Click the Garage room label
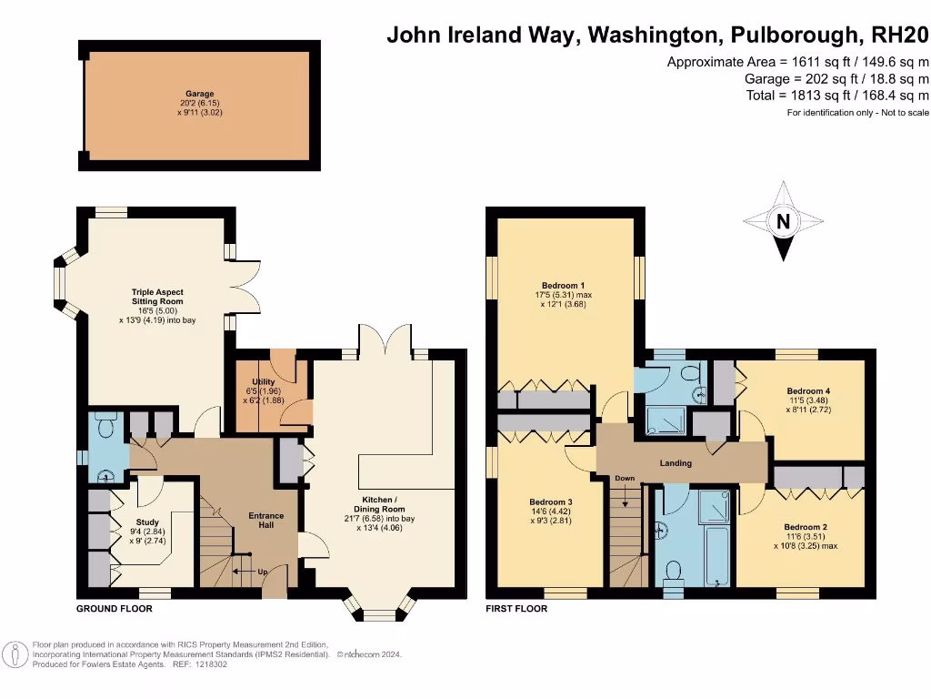pyautogui.click(x=200, y=94)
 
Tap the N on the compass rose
pyautogui.click(x=783, y=221)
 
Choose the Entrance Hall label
pyautogui.click(x=266, y=522)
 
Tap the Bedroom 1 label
pyautogui.click(x=564, y=285)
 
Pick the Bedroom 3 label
pyautogui.click(x=551, y=501)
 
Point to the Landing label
pyautogui.click(x=676, y=463)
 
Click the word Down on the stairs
pyautogui.click(x=625, y=479)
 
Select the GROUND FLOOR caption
pyautogui.click(x=114, y=608)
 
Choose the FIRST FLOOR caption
pyautogui.click(x=516, y=608)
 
